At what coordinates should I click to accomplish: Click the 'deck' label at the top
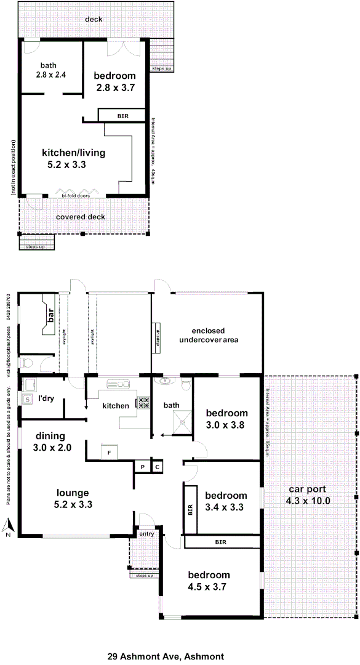click(x=94, y=19)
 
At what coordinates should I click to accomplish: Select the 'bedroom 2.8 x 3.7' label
click(x=114, y=82)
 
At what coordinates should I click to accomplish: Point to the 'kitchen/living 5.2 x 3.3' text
click(x=73, y=159)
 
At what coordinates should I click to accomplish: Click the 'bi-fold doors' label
click(x=76, y=196)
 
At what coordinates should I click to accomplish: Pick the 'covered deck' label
click(x=81, y=217)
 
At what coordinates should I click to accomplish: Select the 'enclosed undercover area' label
click(x=209, y=335)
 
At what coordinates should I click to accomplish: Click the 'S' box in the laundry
click(x=27, y=400)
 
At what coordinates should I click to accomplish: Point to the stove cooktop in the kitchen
click(x=143, y=403)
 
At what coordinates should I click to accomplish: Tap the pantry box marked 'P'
click(x=142, y=467)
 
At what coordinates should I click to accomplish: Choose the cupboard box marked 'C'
click(x=157, y=467)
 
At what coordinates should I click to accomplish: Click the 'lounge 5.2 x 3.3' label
click(x=73, y=498)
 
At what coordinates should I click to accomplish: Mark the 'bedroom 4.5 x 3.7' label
click(x=209, y=581)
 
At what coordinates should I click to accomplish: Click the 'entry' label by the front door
click(x=146, y=534)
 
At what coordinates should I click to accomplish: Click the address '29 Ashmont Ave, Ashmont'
click(x=166, y=640)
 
